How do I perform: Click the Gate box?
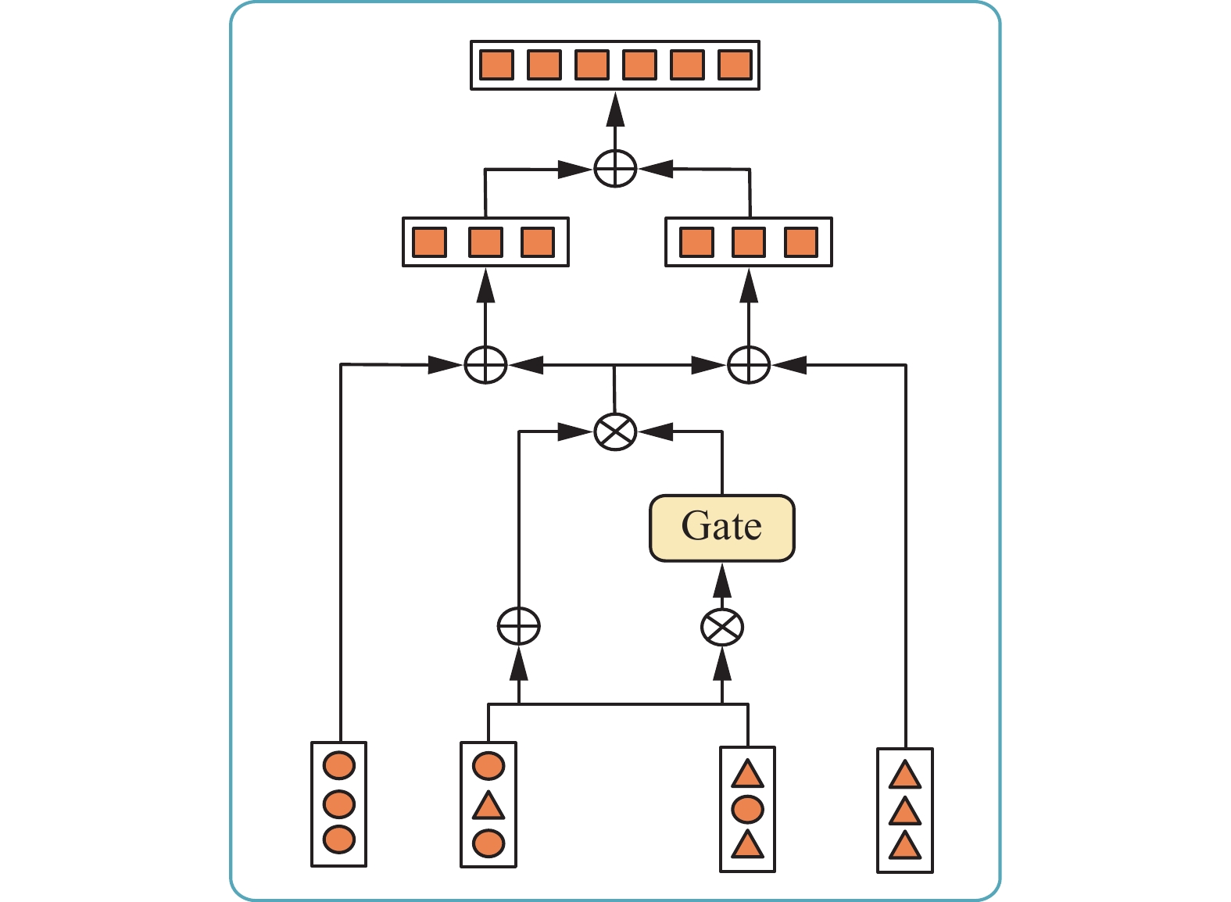click(722, 528)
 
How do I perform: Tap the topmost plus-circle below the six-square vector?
click(615, 168)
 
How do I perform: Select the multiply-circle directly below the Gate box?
click(722, 627)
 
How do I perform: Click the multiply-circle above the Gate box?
click(615, 431)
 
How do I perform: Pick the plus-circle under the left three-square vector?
click(485, 364)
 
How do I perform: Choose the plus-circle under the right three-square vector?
click(749, 364)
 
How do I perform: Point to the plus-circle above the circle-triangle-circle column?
click(519, 627)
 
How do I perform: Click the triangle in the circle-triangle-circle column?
click(488, 806)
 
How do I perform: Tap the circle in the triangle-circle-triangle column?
click(747, 810)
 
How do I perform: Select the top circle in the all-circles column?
click(339, 766)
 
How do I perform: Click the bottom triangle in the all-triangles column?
click(905, 847)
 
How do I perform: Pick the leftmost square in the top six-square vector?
click(496, 65)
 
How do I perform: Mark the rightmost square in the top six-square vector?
click(735, 65)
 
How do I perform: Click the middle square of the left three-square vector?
click(485, 242)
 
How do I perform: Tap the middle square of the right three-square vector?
click(749, 242)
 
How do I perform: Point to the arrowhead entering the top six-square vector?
click(615, 109)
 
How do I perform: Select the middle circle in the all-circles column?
click(339, 804)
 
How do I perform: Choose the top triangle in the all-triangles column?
click(905, 775)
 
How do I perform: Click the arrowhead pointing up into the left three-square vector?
click(485, 286)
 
